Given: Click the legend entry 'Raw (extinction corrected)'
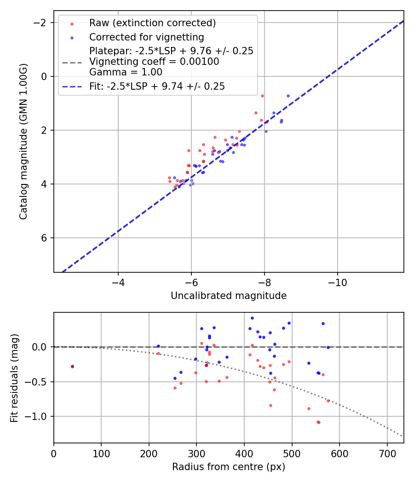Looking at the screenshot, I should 152,23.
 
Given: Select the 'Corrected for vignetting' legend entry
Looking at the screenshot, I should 146,37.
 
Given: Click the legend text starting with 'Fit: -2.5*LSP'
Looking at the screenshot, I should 157,86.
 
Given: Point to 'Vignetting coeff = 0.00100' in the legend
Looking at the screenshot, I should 154,62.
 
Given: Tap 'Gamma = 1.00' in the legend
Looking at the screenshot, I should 126,72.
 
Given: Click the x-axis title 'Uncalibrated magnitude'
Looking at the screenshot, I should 229,296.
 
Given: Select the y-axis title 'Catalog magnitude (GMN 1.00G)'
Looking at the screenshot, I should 24,141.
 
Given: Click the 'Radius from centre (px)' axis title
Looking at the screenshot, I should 229,467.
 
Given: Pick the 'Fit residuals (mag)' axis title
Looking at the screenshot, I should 15,378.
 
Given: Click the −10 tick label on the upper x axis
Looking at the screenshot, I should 337,281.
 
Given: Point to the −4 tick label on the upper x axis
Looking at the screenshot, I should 118,281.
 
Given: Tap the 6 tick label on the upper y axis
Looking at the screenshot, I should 45,238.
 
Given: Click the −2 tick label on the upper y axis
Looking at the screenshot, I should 42,23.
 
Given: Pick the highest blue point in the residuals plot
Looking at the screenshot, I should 252,318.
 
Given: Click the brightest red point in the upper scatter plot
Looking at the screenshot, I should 262,96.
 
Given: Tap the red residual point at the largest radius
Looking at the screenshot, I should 328,401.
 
